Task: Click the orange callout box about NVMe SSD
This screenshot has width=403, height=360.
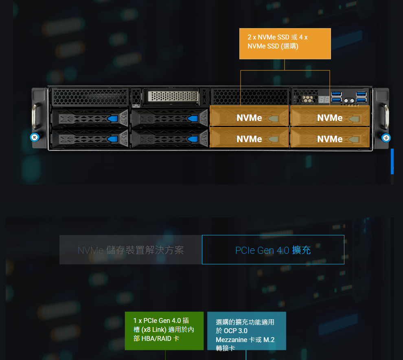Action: tap(285, 44)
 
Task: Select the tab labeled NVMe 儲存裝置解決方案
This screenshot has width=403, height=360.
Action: tap(131, 250)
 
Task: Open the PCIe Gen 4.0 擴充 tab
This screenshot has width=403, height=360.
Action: tap(273, 250)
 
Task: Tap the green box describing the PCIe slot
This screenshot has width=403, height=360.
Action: tap(164, 330)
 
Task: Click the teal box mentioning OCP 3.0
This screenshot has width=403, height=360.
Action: tap(246, 331)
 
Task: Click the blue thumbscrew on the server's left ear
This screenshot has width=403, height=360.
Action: tap(34, 137)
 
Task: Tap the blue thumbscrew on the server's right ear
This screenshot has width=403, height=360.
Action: tap(385, 137)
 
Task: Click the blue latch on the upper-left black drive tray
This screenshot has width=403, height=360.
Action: tap(113, 119)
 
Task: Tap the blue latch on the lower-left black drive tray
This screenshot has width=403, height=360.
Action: tap(113, 139)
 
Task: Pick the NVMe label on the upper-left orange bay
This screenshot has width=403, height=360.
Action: tap(249, 118)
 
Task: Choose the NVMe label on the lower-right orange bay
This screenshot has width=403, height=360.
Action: tap(330, 139)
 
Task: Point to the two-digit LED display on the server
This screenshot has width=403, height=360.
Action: tap(324, 99)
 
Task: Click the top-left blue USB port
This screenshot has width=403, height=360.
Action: tap(336, 94)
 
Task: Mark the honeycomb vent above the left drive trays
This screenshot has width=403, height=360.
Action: tap(90, 97)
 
